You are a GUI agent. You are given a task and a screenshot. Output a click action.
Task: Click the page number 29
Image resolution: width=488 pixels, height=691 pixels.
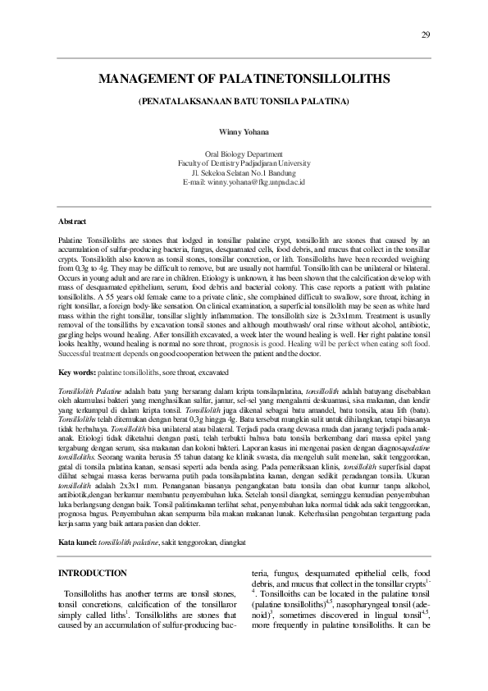[x=425, y=34]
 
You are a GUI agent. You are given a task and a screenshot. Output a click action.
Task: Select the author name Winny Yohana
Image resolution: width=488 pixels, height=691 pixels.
[x=244, y=131]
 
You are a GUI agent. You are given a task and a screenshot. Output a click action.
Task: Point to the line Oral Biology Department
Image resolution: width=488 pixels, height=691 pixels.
[x=244, y=153]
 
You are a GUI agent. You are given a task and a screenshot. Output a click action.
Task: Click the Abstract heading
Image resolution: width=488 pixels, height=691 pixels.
[x=74, y=222]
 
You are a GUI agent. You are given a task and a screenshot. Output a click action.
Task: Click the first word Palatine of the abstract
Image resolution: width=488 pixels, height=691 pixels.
[x=73, y=236]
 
